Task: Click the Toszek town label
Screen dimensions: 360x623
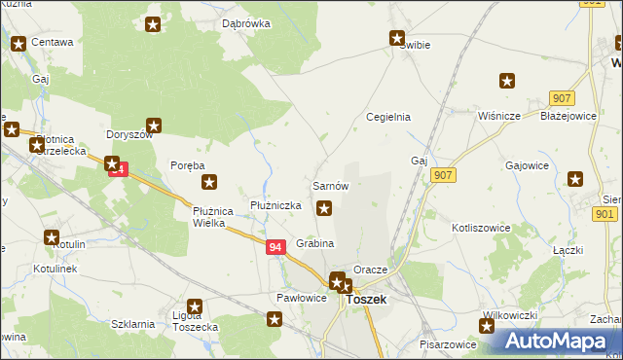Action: click(366, 300)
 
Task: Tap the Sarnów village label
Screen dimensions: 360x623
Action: click(330, 185)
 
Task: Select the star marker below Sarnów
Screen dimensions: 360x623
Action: click(324, 206)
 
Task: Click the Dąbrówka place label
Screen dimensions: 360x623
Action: click(244, 23)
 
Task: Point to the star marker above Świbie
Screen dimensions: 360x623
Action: click(397, 39)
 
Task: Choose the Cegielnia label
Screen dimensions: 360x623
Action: click(387, 117)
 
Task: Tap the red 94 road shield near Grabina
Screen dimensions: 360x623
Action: click(275, 248)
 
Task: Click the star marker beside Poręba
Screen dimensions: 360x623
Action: click(208, 181)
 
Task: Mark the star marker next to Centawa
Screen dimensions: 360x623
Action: click(18, 43)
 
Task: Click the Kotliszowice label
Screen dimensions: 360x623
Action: click(481, 227)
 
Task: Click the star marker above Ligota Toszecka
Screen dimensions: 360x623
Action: click(195, 307)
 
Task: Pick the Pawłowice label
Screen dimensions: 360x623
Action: click(301, 298)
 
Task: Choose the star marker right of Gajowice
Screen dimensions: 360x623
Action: click(575, 179)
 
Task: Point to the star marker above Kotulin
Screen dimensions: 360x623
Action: click(52, 237)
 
